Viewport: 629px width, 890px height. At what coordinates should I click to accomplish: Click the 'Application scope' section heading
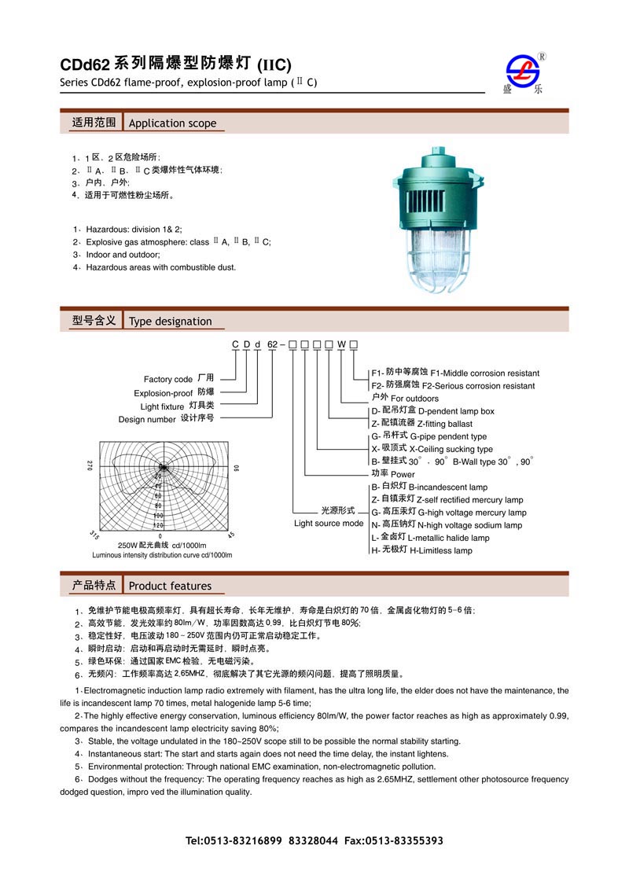pyautogui.click(x=172, y=123)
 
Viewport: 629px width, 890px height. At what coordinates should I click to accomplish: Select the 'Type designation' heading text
pyautogui.click(x=170, y=321)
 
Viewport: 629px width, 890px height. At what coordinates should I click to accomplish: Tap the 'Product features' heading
pyautogui.click(x=170, y=586)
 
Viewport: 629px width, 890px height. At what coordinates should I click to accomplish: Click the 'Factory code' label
pyautogui.click(x=168, y=380)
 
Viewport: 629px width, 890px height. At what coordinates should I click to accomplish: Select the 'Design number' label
pyautogui.click(x=148, y=419)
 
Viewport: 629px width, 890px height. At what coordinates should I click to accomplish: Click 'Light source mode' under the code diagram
pyautogui.click(x=329, y=524)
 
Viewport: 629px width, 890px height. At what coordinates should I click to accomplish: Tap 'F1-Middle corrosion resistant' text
pyautogui.click(x=484, y=373)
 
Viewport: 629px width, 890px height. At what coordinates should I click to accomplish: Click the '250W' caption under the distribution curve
pyautogui.click(x=127, y=546)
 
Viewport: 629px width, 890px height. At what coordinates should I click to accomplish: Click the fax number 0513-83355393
pyautogui.click(x=406, y=840)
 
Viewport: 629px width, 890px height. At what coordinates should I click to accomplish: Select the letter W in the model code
pyautogui.click(x=341, y=345)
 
